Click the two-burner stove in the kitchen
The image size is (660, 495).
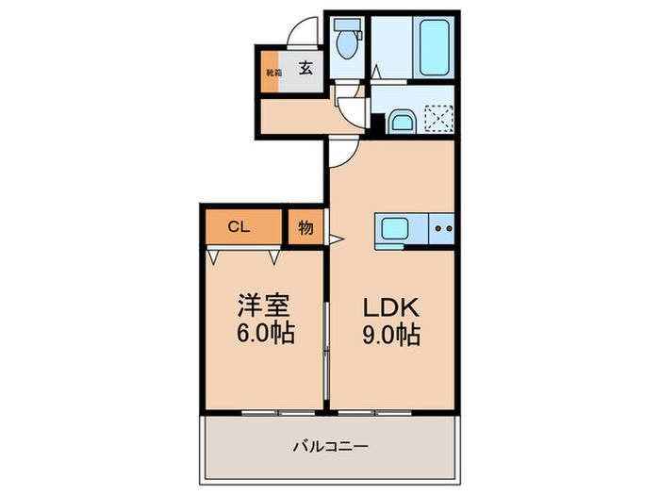pyautogui.click(x=443, y=228)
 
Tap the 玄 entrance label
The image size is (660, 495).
pyautogui.click(x=306, y=68)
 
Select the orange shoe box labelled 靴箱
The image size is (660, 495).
pyautogui.click(x=272, y=74)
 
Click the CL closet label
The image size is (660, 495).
pyautogui.click(x=239, y=227)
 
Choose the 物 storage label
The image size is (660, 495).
pyautogui.click(x=306, y=228)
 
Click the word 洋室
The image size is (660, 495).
pyautogui.click(x=262, y=305)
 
